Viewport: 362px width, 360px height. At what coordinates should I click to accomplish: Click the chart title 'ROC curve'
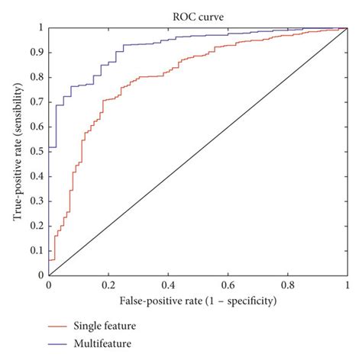[x=197, y=14]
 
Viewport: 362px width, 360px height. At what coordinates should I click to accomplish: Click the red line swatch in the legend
[x=59, y=326]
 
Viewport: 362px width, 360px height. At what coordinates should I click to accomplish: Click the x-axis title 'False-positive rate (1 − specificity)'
[x=197, y=301]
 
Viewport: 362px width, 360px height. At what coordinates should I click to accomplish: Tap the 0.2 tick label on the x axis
[x=108, y=285]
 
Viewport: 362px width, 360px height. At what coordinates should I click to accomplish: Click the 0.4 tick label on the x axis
[x=167, y=285]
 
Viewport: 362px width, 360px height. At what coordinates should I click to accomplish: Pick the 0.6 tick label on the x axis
[x=227, y=285]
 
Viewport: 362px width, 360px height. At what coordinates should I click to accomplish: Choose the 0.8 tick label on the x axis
[x=286, y=285]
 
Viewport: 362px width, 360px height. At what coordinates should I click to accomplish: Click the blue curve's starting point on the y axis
[x=49, y=146]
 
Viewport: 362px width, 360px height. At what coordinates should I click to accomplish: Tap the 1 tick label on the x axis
[x=346, y=285]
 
